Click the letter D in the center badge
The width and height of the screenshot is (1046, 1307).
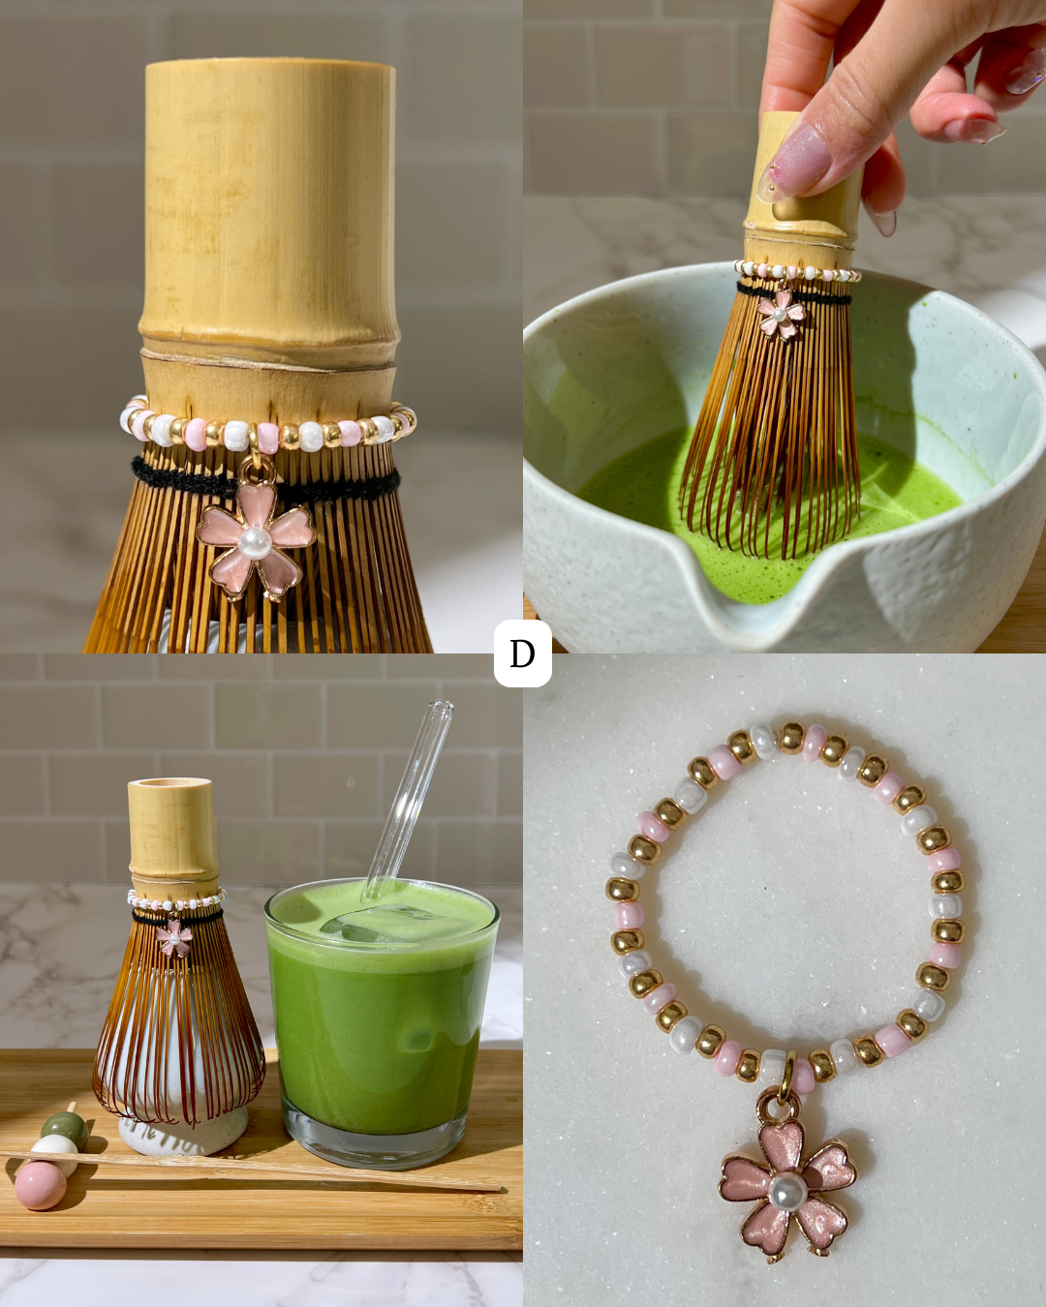[522, 654]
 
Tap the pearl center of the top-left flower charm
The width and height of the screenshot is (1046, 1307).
[254, 543]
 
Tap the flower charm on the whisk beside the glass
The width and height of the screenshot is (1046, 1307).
[174, 937]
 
